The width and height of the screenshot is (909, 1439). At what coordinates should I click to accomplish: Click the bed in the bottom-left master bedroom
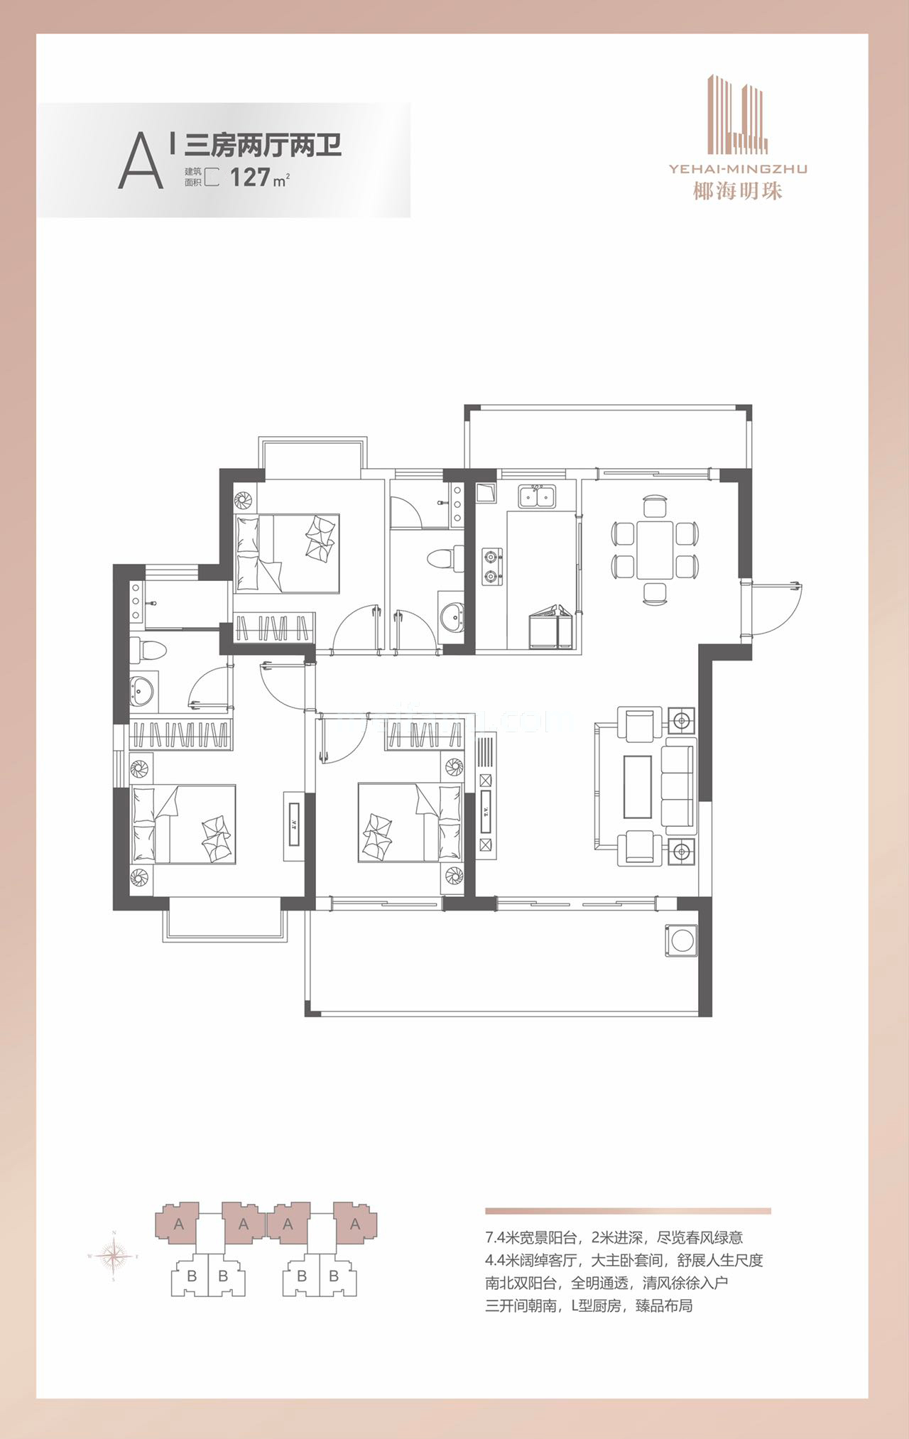click(x=184, y=824)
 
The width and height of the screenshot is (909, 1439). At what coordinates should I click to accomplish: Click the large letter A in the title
click(x=141, y=163)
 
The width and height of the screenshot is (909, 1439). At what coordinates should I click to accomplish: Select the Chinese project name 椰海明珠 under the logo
click(x=739, y=190)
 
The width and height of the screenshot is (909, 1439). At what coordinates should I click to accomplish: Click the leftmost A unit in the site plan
click(x=179, y=1224)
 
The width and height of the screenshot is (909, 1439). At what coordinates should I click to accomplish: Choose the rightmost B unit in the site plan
click(x=333, y=1276)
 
